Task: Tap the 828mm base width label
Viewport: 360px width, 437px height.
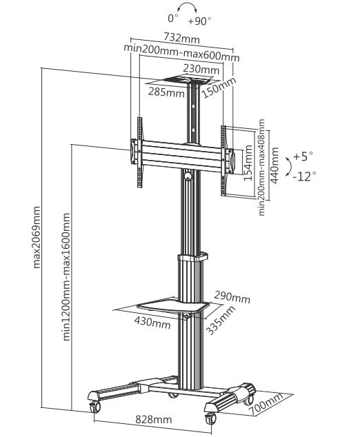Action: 154,419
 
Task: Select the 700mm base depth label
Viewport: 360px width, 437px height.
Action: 266,403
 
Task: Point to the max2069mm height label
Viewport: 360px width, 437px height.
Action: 37,237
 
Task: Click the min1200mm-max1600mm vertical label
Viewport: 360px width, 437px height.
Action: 66,277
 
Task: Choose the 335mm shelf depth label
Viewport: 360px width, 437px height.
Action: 221,321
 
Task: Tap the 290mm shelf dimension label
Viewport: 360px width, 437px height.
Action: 232,297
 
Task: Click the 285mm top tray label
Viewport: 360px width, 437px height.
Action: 166,92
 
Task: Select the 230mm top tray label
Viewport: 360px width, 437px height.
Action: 201,69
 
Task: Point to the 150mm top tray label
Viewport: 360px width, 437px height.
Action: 219,88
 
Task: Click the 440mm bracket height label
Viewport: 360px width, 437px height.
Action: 274,165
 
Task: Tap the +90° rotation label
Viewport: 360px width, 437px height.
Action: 200,21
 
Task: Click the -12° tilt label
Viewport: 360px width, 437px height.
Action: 305,176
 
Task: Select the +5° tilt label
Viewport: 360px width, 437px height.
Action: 303,156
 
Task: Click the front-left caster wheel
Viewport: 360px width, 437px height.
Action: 95,407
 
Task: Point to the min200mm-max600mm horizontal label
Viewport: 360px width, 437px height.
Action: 181,52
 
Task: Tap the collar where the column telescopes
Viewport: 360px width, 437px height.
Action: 193,257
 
